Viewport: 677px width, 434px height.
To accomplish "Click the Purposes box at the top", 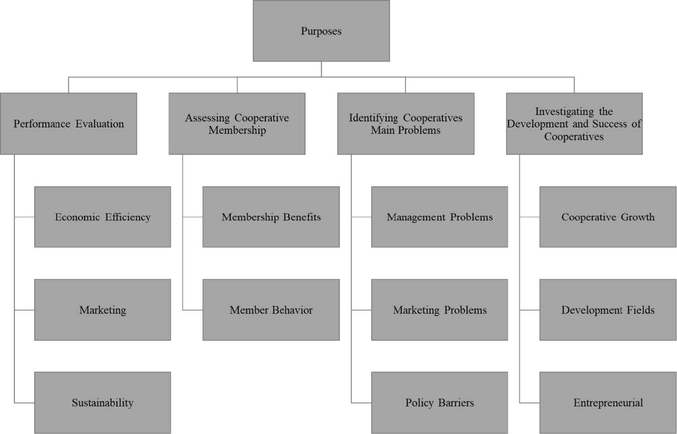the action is pyautogui.click(x=321, y=31).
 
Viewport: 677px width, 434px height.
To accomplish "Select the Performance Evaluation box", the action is pyautogui.click(x=69, y=123).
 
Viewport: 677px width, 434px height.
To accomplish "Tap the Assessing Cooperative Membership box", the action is pyautogui.click(x=237, y=123).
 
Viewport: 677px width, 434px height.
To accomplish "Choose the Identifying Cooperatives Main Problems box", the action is pyautogui.click(x=405, y=123).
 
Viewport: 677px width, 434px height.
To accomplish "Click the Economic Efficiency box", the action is pyautogui.click(x=103, y=217).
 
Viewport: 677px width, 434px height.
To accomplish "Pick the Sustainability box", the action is pyautogui.click(x=103, y=403).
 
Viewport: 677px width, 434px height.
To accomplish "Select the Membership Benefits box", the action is pyautogui.click(x=271, y=217).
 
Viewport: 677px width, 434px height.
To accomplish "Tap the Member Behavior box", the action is pyautogui.click(x=271, y=310).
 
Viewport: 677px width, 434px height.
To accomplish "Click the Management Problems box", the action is pyautogui.click(x=440, y=217).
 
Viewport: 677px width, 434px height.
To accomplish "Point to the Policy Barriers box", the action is pyautogui.click(x=440, y=403).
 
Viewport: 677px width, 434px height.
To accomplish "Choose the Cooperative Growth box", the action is pyautogui.click(x=608, y=217).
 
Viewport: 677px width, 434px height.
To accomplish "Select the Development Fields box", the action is pyautogui.click(x=608, y=310).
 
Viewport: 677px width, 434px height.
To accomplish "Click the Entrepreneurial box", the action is pyautogui.click(x=608, y=403).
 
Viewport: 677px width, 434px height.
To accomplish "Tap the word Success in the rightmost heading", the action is pyautogui.click(x=610, y=124).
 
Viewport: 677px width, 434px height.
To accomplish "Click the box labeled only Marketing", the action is pyautogui.click(x=103, y=310).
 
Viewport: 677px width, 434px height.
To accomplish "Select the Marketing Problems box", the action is pyautogui.click(x=440, y=310).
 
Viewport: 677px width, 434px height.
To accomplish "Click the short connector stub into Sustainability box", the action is pyautogui.click(x=24, y=403).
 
